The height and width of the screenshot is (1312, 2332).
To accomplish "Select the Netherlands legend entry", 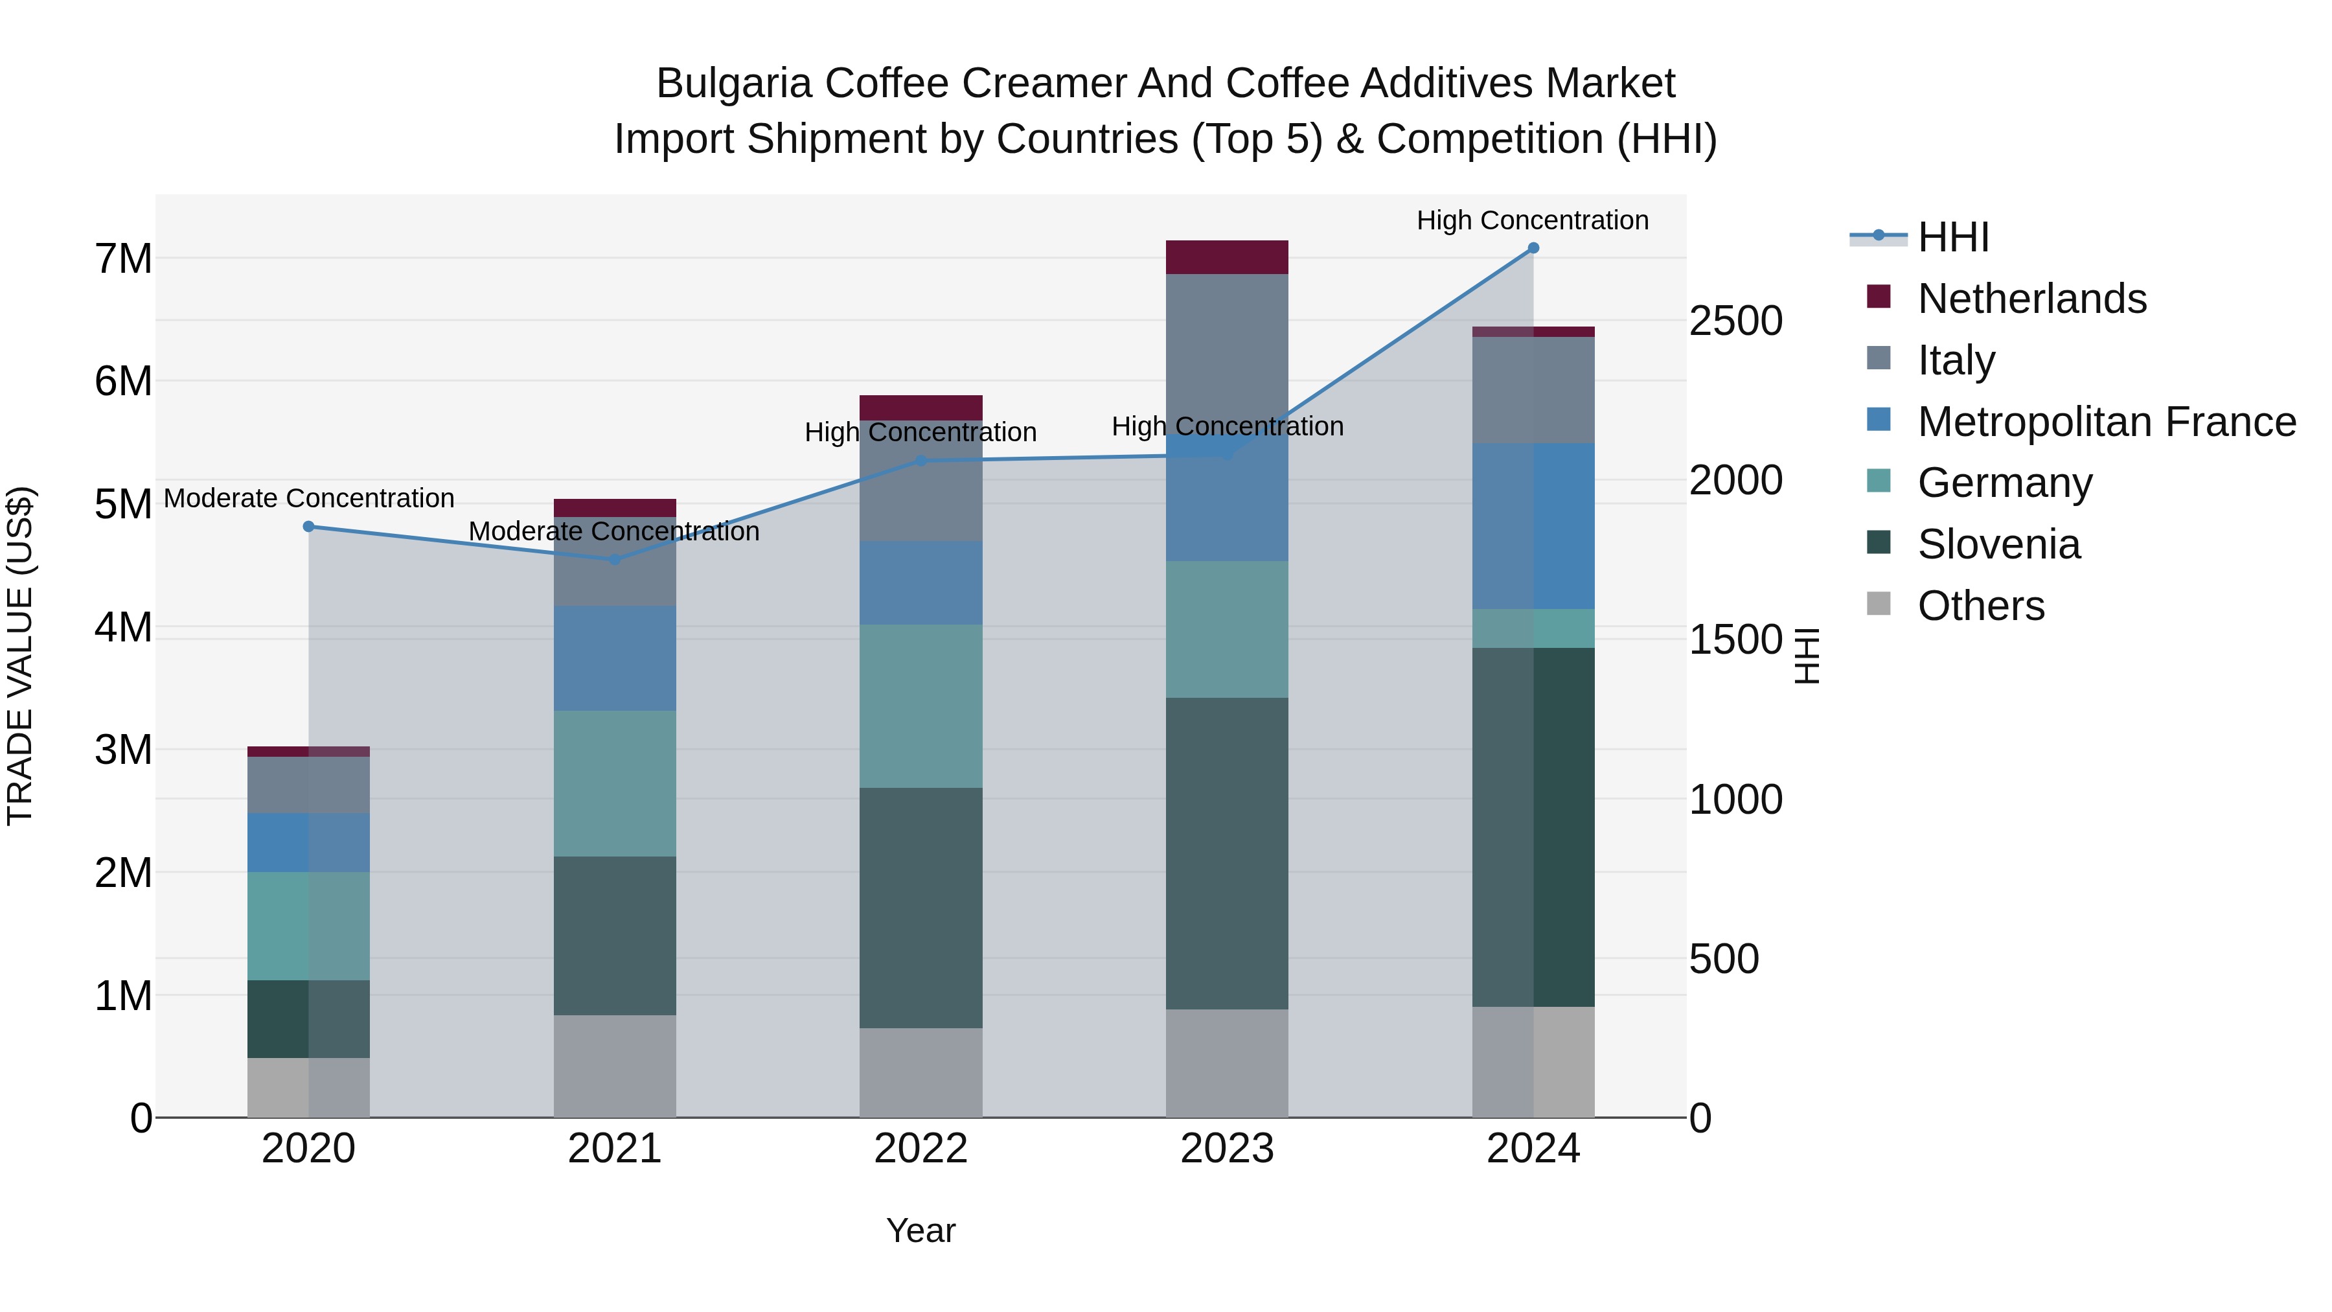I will [2031, 299].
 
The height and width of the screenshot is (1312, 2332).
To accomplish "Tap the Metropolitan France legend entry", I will [2106, 422].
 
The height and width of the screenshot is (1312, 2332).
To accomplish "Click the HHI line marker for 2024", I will [1533, 248].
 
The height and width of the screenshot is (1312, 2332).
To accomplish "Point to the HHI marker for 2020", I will [309, 527].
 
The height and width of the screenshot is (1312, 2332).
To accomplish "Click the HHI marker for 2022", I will [920, 461].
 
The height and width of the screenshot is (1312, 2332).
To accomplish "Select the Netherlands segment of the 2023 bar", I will [1227, 257].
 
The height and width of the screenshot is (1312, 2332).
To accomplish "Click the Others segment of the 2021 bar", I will [615, 1066].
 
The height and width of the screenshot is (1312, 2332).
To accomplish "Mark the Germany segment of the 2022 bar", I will [920, 706].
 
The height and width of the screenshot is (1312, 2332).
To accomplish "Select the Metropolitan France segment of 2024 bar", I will [1533, 526].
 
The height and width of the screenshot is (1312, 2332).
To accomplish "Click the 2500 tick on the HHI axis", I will [1735, 321].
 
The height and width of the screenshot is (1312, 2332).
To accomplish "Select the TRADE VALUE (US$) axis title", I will [20, 656].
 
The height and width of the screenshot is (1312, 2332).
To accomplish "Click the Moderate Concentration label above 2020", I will [309, 499].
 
